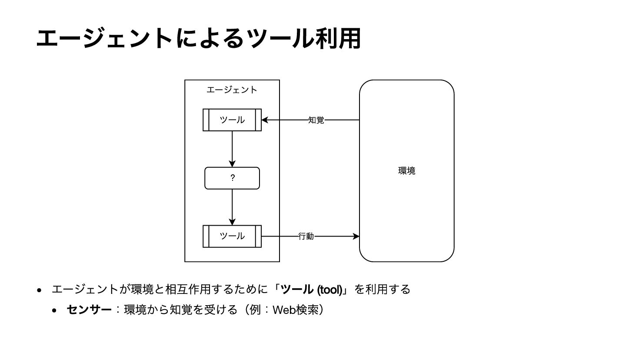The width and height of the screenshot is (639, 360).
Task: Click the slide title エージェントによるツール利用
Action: pos(198,38)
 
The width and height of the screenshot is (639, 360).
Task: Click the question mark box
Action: pos(232,178)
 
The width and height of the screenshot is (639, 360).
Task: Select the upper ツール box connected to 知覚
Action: pos(232,120)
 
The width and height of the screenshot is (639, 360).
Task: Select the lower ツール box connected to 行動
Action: pos(232,236)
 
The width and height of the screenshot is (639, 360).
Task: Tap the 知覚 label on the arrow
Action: pos(316,120)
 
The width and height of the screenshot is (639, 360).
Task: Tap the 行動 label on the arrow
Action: pos(306,236)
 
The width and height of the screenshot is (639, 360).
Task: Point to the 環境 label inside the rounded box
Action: pos(406,171)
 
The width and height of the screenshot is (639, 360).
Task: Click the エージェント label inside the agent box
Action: pos(232,90)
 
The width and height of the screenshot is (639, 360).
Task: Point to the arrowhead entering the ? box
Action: pos(232,164)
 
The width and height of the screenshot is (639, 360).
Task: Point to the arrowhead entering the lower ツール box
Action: pos(232,222)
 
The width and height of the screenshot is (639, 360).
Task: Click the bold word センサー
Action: pos(89,310)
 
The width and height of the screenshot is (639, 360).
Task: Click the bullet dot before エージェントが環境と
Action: pos(40,290)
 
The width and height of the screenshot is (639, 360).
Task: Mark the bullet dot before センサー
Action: pos(54,310)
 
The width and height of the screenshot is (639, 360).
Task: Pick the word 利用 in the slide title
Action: pos(338,38)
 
